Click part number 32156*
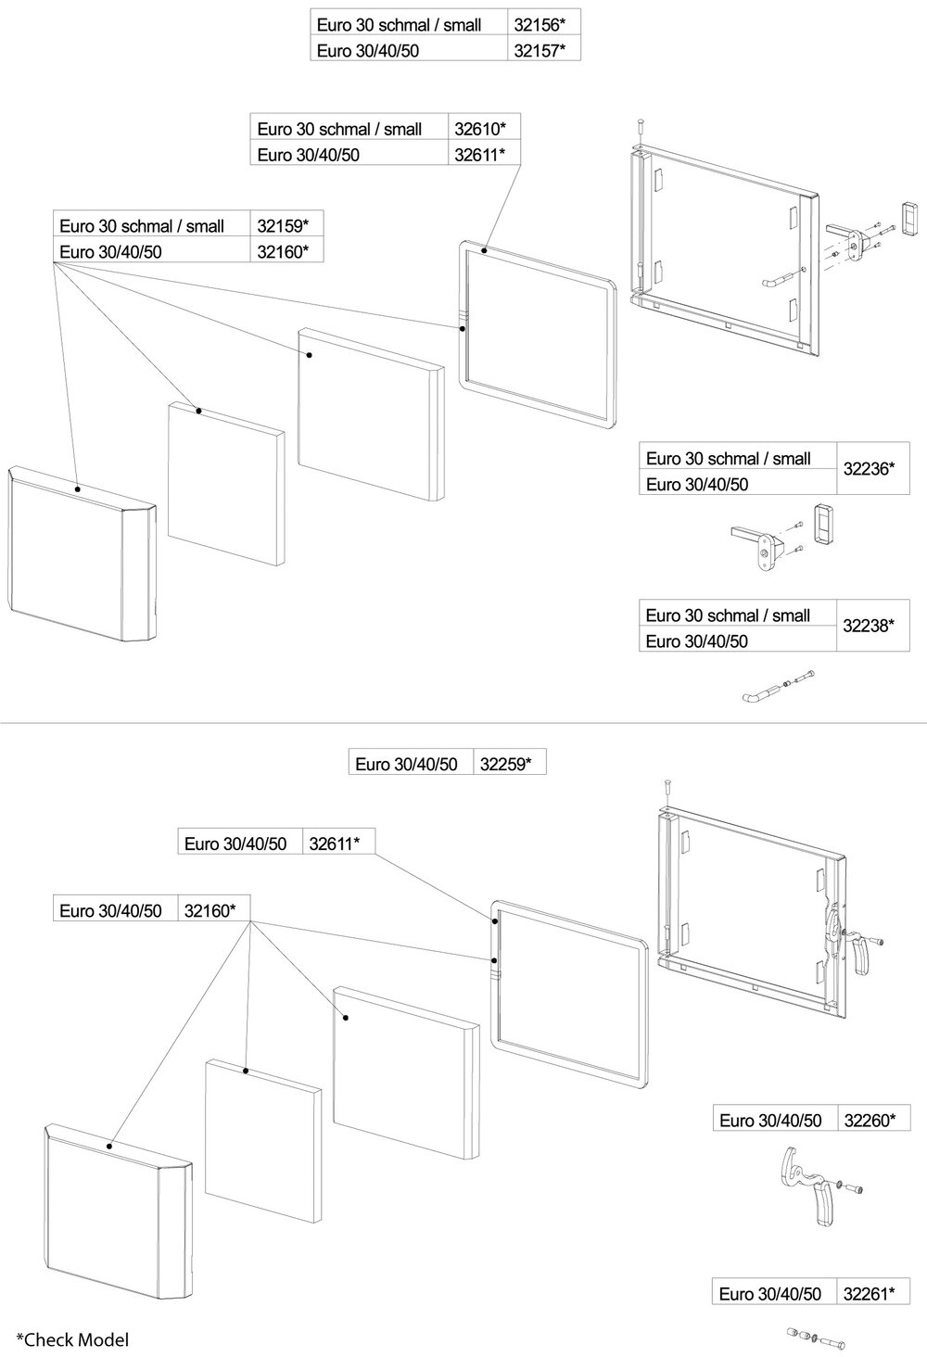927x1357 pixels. (540, 25)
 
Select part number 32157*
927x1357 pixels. (540, 50)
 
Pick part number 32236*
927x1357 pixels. (869, 469)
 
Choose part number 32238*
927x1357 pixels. (869, 626)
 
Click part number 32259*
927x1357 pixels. (506, 764)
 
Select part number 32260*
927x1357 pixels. (870, 1120)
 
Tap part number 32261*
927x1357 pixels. (870, 1293)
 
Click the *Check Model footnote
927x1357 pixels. (72, 1338)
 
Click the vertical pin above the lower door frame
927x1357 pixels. (666, 788)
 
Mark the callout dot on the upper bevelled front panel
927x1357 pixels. (78, 488)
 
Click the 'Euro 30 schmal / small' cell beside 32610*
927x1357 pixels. (340, 129)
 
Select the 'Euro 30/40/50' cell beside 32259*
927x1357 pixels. (407, 764)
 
